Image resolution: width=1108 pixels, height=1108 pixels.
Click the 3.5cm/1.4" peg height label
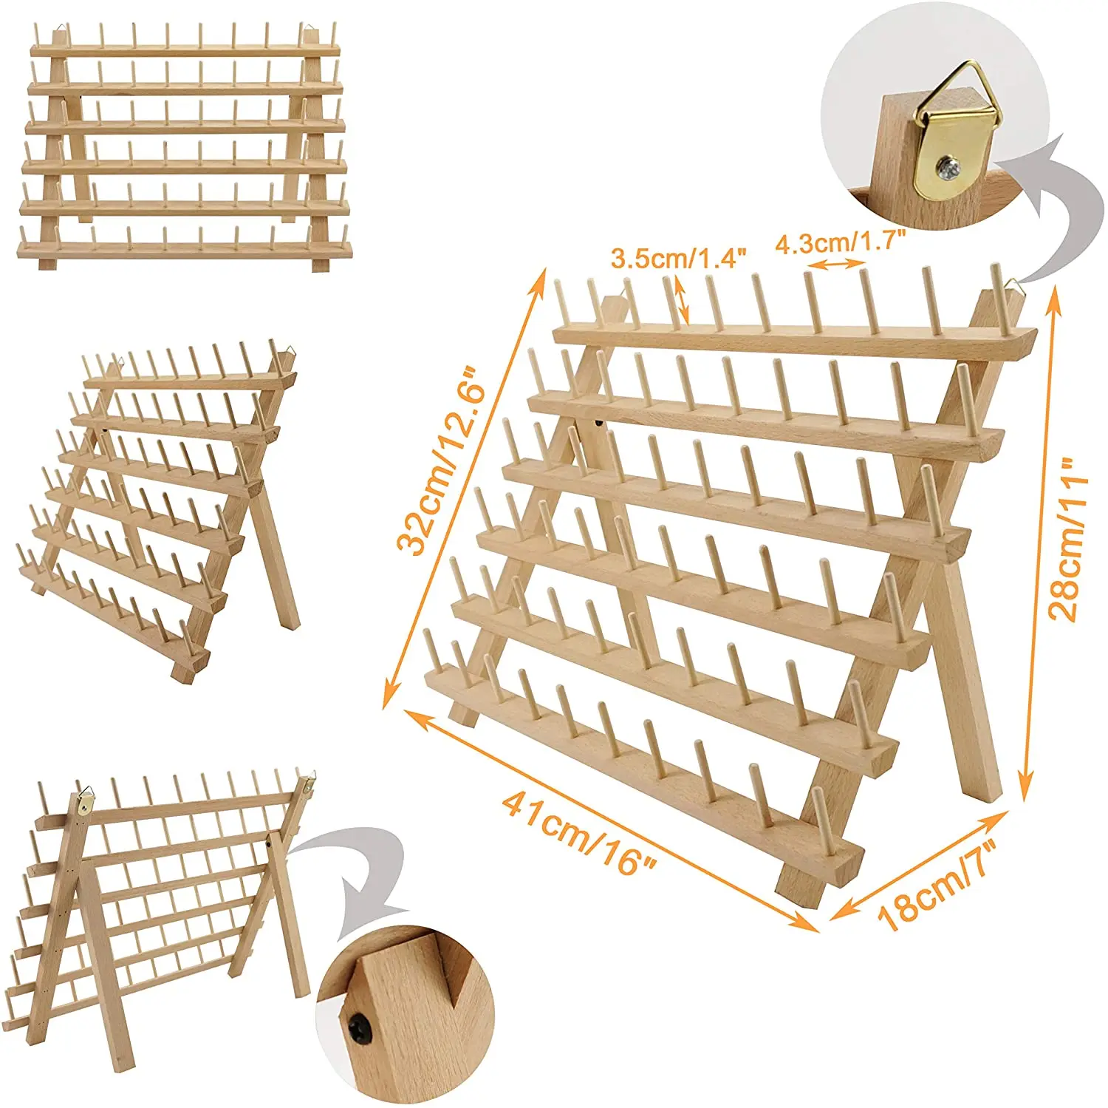(678, 258)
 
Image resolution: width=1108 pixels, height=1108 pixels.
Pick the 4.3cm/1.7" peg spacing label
(840, 242)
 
